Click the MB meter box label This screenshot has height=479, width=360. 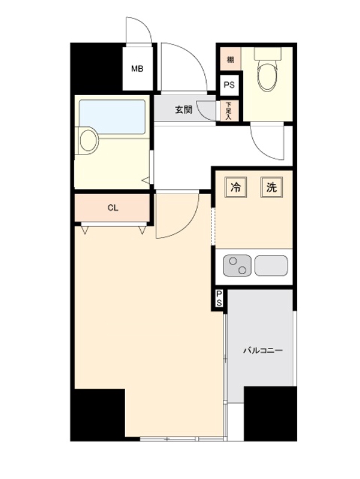[x=137, y=69]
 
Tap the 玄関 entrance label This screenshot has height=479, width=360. [x=183, y=110]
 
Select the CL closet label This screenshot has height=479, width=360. [x=113, y=208]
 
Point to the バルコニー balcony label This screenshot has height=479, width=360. [x=263, y=350]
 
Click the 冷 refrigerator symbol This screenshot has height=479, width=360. [x=235, y=187]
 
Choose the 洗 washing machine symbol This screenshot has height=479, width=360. [x=271, y=187]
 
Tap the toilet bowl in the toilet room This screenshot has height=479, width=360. [x=267, y=74]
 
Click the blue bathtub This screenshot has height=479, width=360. [x=112, y=117]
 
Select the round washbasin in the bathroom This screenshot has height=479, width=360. [x=88, y=141]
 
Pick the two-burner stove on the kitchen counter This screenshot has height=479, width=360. [x=237, y=265]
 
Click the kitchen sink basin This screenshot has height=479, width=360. [x=271, y=265]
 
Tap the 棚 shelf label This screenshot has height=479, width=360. [x=231, y=59]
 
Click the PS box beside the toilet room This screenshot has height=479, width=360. [x=229, y=85]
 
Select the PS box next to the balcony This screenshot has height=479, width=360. [x=219, y=298]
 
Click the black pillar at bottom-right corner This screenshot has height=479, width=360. [x=270, y=414]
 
